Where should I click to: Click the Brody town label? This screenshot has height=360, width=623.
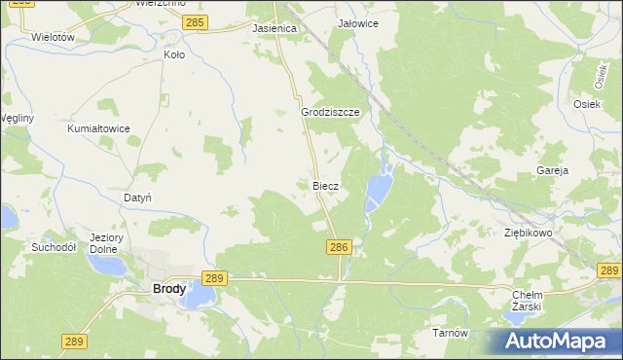coord(168,289)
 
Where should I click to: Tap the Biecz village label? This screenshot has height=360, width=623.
coord(324,185)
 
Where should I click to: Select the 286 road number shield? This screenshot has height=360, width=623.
coord(339,249)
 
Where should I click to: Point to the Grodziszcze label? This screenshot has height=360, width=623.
coord(331,112)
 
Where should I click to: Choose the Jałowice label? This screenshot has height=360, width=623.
coord(357,22)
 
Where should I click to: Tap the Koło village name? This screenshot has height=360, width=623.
coord(174,55)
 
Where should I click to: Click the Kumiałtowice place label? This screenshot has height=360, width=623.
coord(98,128)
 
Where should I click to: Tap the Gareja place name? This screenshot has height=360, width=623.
coord(552,170)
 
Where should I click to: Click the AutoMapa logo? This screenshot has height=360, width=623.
coord(559,342)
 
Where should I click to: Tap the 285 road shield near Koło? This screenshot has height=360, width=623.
coord(195,20)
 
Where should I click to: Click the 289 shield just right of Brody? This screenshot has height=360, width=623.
coord(215,278)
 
